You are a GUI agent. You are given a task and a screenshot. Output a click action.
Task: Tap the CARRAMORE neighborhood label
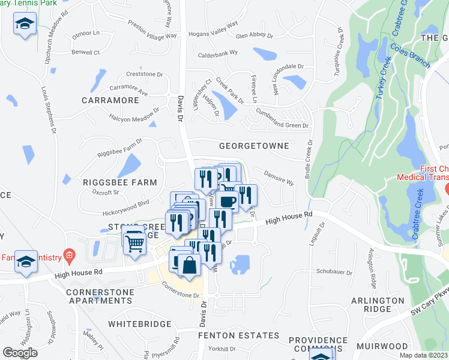pyautogui.click(x=110, y=100)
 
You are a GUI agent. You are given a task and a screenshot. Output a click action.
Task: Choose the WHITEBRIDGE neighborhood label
pyautogui.click(x=140, y=323)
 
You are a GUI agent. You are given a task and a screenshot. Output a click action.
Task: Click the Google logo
pyautogui.click(x=20, y=353)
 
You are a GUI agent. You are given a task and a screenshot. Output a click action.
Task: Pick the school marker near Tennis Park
pyautogui.click(x=25, y=24)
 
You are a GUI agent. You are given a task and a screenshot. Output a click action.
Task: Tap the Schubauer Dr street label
pyautogui.click(x=334, y=271)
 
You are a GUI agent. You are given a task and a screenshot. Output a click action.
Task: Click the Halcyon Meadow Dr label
pyautogui.click(x=134, y=115)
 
